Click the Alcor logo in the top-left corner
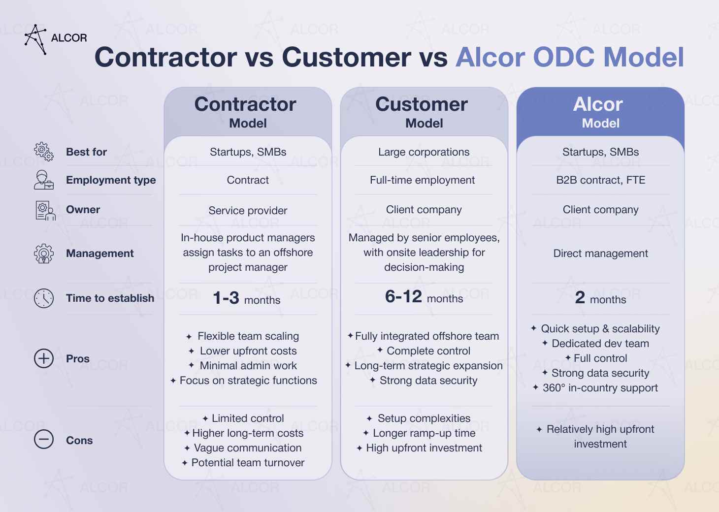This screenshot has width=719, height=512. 55,38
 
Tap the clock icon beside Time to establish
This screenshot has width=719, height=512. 44,298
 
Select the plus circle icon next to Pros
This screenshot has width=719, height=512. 44,358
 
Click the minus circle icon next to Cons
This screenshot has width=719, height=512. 44,440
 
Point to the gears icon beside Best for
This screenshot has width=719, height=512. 44,152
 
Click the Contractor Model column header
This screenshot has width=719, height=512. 247,112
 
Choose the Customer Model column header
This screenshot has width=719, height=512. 424,112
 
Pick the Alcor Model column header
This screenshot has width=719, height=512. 600,112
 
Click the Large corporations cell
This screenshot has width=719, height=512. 424,152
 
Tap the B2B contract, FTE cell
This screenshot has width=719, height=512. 600,180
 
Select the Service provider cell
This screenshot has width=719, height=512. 248,211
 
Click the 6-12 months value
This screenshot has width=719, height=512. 424,297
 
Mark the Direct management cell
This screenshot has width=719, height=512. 600,254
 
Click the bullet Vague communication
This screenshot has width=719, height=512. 247,448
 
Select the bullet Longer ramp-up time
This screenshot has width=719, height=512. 424,433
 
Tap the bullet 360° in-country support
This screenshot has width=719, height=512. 600,388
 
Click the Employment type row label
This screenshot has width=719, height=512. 111,180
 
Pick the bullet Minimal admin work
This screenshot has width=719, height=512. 248,366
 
